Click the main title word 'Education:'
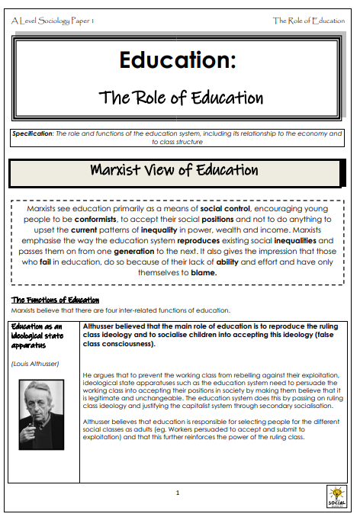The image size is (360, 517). (177, 60)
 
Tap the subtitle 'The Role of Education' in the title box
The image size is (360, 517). (181, 98)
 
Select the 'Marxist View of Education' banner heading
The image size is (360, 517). (175, 170)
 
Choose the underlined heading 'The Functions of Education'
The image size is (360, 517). (55, 300)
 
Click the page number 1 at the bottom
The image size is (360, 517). (178, 493)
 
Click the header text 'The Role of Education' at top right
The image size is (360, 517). (308, 21)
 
